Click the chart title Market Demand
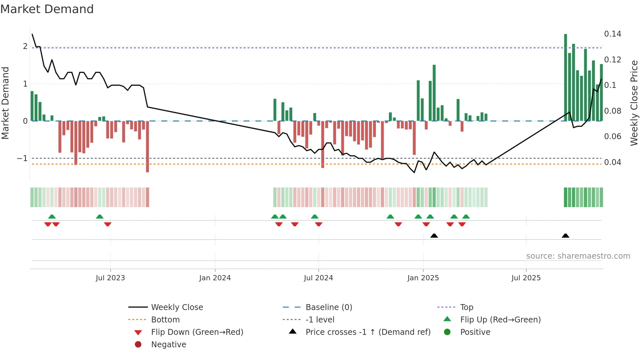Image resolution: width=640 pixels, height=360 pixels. [x=47, y=9]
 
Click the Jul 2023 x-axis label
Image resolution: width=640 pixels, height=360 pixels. [x=110, y=278]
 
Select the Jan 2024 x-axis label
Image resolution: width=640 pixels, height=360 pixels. [x=215, y=278]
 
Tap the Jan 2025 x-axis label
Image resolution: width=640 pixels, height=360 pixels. [x=423, y=278]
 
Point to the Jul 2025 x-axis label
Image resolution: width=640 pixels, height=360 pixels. [x=526, y=278]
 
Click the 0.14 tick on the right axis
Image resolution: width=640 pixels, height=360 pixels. [x=613, y=34]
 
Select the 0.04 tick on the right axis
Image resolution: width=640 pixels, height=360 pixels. [x=613, y=162]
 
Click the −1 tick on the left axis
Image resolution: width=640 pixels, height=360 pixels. [x=23, y=158]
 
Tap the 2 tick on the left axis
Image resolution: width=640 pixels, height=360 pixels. [x=25, y=46]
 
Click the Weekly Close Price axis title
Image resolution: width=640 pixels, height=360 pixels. [x=634, y=103]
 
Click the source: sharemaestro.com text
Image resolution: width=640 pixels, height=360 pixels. [x=578, y=256]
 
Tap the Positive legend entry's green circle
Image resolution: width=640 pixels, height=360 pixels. [x=447, y=332]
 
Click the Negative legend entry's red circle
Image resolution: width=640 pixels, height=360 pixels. [x=138, y=345]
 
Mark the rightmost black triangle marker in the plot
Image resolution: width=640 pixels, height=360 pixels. [x=566, y=236]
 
